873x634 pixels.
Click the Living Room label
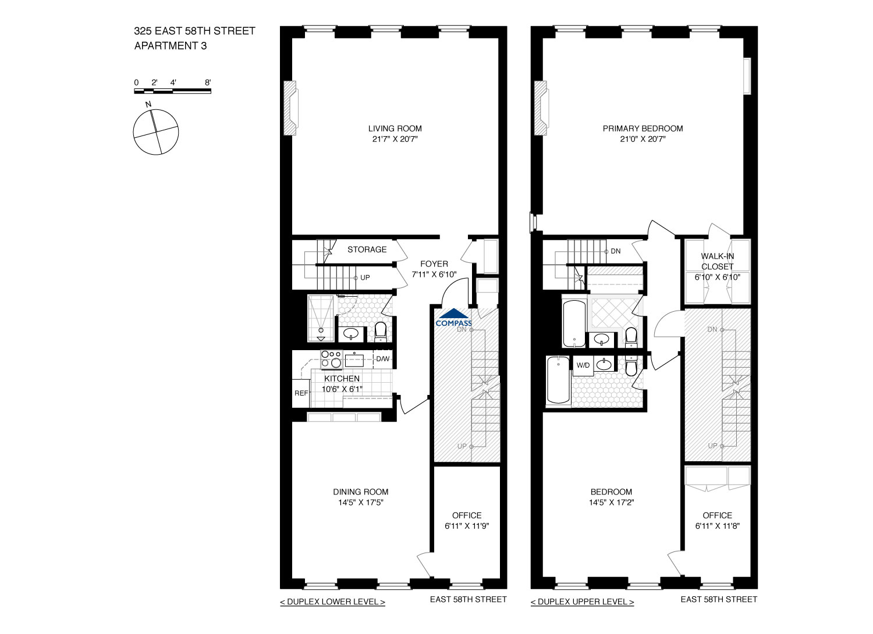(395, 129)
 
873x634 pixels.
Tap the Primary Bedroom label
(643, 129)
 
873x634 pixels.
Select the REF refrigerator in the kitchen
(301, 393)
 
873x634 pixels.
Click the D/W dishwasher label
(382, 359)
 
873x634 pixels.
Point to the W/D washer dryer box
(583, 365)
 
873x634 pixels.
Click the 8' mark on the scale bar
(208, 83)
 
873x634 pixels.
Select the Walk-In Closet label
(717, 261)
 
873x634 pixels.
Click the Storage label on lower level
(367, 250)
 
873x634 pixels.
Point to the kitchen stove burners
(331, 359)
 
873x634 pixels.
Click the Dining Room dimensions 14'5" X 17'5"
(360, 503)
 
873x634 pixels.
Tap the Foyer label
(434, 264)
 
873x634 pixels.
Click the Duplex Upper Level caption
(582, 602)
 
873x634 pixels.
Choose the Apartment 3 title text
(171, 46)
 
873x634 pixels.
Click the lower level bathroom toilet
(381, 332)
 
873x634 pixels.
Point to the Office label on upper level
(717, 515)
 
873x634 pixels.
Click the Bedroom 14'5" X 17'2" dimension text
(611, 503)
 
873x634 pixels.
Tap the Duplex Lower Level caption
(332, 602)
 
